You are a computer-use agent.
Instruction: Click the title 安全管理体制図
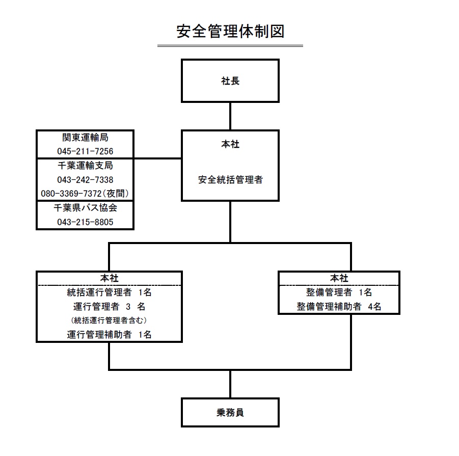coord(230,31)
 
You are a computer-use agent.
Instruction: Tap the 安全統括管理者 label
coord(230,179)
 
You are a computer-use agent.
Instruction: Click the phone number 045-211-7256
coord(85,151)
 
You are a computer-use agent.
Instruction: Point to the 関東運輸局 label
coord(85,137)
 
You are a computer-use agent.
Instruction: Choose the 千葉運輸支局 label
coord(85,166)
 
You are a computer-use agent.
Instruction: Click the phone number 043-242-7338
coord(85,180)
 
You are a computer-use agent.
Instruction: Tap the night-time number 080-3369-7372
coord(71,194)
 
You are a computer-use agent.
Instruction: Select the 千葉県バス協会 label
coord(85,207)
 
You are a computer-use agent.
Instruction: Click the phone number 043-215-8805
coord(85,222)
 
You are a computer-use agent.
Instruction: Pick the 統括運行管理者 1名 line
coord(109,292)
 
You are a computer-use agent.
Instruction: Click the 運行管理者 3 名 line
coord(109,306)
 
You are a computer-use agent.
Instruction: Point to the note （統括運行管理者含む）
coord(109,320)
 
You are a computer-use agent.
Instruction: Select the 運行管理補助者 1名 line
coord(109,335)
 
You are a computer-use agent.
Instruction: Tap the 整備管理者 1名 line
coord(339,292)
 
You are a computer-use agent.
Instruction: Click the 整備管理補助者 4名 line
coord(339,306)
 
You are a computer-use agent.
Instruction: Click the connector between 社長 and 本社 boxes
coord(230,116)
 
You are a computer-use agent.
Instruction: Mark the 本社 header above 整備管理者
coord(339,278)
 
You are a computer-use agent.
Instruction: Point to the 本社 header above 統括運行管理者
coord(109,278)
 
